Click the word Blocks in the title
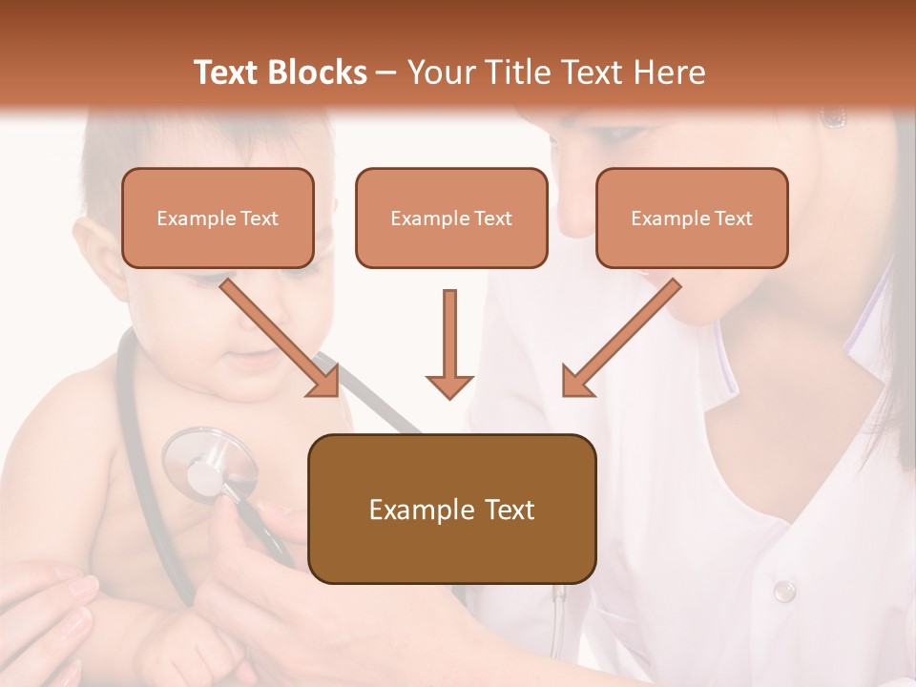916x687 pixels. pyautogui.click(x=318, y=73)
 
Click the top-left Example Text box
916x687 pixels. pyautogui.click(x=218, y=218)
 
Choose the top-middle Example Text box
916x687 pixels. pyautogui.click(x=451, y=218)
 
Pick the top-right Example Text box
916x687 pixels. pyautogui.click(x=692, y=218)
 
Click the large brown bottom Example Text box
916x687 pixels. pyautogui.click(x=451, y=509)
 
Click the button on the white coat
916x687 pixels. pyautogui.click(x=783, y=591)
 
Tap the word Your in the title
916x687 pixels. pyautogui.click(x=440, y=73)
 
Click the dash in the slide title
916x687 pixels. pyautogui.click(x=386, y=73)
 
